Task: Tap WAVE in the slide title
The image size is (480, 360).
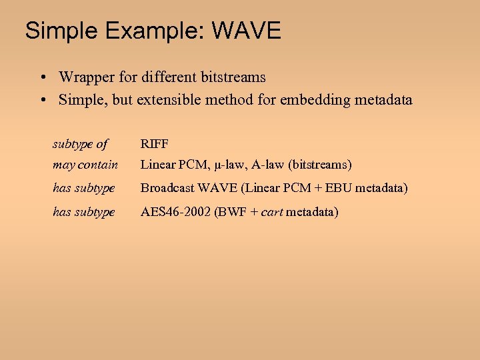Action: point(247,31)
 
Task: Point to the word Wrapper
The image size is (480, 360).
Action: point(85,77)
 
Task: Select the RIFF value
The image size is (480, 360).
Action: point(154,143)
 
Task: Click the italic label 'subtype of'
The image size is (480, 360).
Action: point(80,143)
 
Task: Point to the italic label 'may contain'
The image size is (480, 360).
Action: point(85,164)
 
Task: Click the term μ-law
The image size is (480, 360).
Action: point(229,164)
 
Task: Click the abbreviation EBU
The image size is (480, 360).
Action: point(337,188)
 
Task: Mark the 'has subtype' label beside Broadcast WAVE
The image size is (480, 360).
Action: point(84,188)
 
